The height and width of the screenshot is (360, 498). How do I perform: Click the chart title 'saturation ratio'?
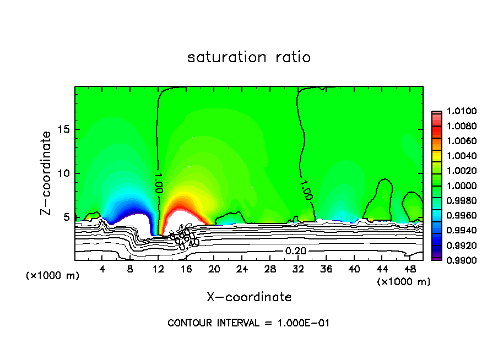pyautogui.click(x=249, y=57)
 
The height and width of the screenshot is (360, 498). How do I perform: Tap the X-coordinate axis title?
pyautogui.click(x=249, y=297)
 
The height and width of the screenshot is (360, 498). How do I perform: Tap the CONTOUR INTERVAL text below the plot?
pyautogui.click(x=248, y=323)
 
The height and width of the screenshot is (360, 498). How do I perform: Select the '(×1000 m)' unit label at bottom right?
pyautogui.click(x=403, y=282)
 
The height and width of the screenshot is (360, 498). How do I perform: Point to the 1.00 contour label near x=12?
pyautogui.click(x=159, y=182)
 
